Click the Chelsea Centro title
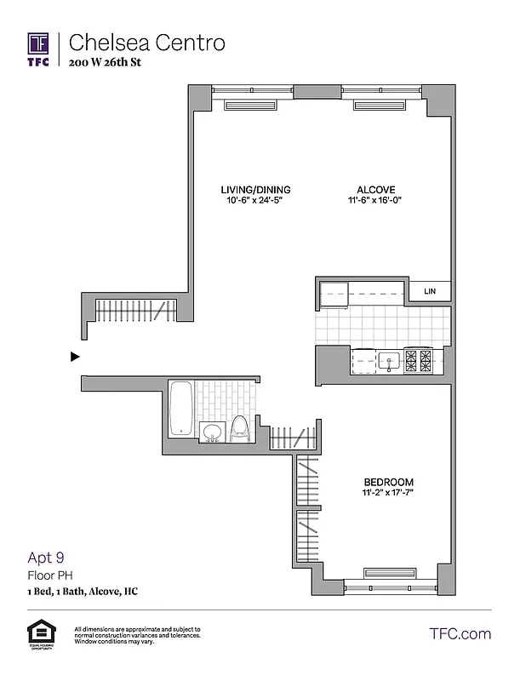[146, 43]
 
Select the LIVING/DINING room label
[256, 190]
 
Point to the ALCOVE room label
[376, 190]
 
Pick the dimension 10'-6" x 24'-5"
[256, 201]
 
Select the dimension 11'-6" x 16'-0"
[376, 201]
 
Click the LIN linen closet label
[430, 292]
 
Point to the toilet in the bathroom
[239, 427]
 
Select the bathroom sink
[211, 432]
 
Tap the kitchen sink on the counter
[389, 361]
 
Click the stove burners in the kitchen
[419, 361]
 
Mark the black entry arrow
[75, 357]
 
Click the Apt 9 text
[46, 558]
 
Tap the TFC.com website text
[460, 634]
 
